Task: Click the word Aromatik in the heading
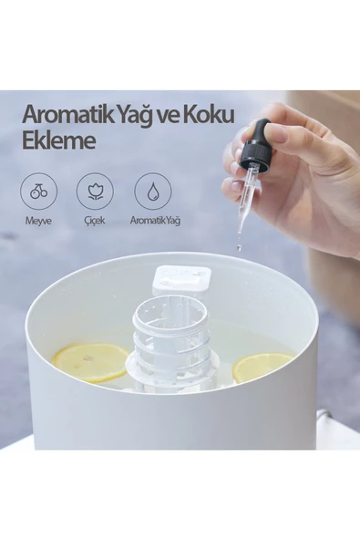point(67,115)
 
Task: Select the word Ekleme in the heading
point(58,140)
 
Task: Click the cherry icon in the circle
point(38,192)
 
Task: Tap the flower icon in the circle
point(95,192)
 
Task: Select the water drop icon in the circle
point(152,192)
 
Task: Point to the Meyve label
point(38,221)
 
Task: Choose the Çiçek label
point(95,221)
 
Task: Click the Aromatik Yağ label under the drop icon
point(155,221)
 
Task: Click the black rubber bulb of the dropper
point(262,130)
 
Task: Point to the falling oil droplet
point(239,246)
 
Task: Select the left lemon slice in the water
point(90,362)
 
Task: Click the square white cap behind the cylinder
point(181,280)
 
